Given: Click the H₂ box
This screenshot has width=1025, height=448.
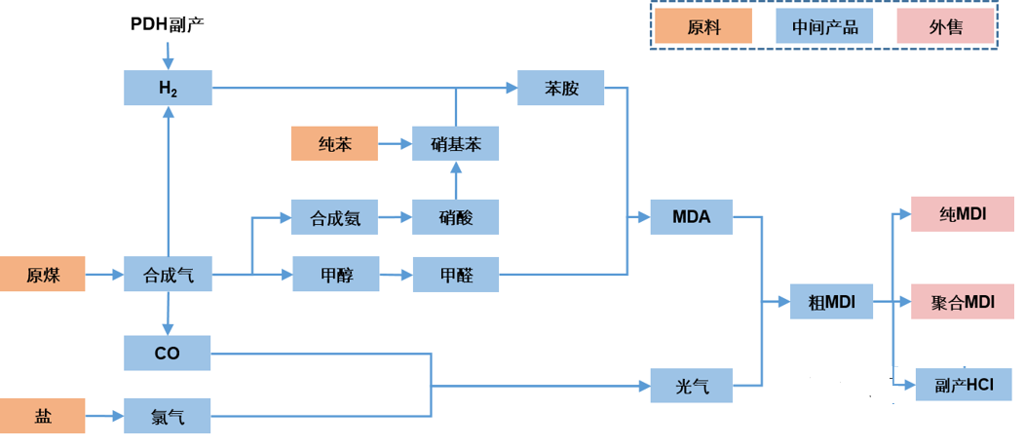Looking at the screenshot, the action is tap(168, 88).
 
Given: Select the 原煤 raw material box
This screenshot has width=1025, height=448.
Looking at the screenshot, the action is tap(43, 274).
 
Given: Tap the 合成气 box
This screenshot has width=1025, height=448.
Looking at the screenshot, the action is tap(168, 275).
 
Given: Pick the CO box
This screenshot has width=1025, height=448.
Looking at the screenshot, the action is tap(168, 354).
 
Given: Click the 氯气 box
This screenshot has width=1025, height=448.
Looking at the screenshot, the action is tap(168, 416).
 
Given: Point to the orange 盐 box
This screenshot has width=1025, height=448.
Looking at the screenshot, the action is tap(43, 416).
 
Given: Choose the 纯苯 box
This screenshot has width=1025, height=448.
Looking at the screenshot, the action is tap(335, 144).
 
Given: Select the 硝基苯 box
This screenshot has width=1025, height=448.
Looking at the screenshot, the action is tap(456, 144).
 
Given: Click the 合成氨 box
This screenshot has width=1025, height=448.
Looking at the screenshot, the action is tap(335, 217).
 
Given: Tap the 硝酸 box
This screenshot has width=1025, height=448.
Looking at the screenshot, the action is tap(456, 217).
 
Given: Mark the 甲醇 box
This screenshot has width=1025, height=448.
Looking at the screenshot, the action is tap(336, 275).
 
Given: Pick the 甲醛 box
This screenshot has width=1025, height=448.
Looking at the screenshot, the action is tap(456, 275).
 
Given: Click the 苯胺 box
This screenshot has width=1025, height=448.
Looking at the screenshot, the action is tap(561, 88).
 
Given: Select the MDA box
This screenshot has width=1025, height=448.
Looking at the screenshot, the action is tap(692, 217).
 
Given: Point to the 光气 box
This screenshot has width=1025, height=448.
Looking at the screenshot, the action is tap(692, 386).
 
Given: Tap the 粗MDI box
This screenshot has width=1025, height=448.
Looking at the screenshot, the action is tap(831, 302).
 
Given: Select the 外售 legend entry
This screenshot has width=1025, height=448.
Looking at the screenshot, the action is tap(945, 26).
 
